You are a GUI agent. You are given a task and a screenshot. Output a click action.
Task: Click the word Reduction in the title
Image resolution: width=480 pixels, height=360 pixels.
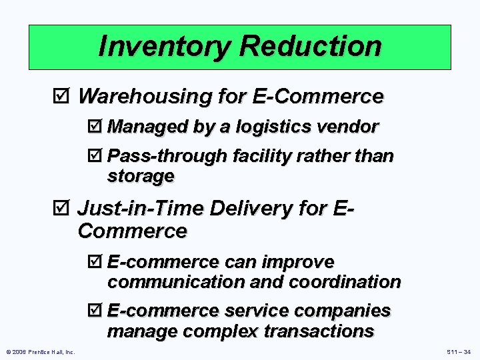[311, 47]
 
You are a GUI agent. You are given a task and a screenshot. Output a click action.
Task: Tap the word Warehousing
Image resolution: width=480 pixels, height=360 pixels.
[145, 97]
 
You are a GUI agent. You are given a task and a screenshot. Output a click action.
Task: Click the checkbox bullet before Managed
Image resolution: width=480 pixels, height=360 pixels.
[98, 127]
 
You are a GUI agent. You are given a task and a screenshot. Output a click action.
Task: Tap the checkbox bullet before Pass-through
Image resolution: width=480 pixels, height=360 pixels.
[98, 156]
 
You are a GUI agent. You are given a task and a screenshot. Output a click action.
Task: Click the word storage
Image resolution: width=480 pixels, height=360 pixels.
[141, 176]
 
